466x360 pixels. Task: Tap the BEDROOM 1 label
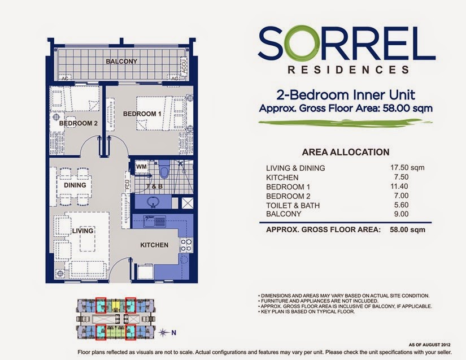[139, 114]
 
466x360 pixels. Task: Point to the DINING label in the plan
[75, 185]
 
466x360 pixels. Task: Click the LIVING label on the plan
[82, 231]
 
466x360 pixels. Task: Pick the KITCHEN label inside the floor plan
[154, 245]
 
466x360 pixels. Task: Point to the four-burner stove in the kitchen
[186, 245]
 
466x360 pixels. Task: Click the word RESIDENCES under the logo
[348, 71]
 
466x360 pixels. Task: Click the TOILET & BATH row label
[293, 205]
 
